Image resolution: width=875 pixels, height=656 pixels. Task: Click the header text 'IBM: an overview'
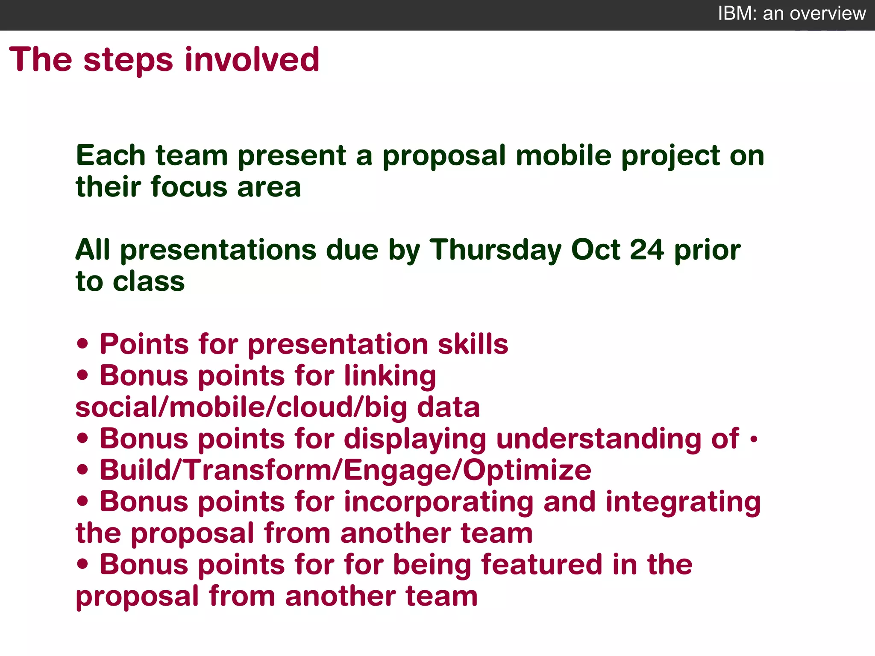coord(792,14)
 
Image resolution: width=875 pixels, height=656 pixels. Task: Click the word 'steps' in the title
coord(128,60)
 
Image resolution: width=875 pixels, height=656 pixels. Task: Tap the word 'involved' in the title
coord(252,60)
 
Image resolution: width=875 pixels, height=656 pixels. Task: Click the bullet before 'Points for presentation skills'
coord(83,344)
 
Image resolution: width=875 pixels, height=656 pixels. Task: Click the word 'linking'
coord(390,376)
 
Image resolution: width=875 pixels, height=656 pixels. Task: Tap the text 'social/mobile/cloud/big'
coord(241,407)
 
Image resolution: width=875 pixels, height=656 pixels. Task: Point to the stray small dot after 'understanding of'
coord(754,439)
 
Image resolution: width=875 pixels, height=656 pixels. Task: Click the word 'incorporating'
coord(438,502)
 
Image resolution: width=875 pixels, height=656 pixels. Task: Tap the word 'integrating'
coord(683,502)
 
